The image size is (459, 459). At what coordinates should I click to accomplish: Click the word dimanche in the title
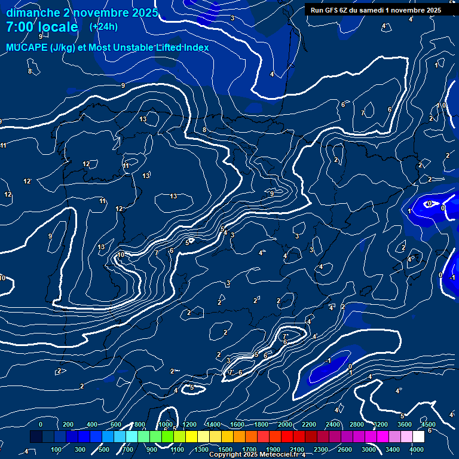tap(32, 13)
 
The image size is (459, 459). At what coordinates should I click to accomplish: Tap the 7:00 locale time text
tap(42, 27)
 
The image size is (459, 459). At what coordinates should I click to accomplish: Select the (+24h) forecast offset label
tap(103, 26)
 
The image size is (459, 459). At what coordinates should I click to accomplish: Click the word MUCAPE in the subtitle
tap(27, 47)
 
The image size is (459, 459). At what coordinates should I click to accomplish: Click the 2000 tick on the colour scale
tap(285, 424)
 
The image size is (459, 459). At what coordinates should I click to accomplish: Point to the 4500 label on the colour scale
tap(429, 424)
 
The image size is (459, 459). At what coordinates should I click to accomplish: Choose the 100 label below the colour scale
tap(57, 449)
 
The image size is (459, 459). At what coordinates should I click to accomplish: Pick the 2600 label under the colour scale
tap(345, 449)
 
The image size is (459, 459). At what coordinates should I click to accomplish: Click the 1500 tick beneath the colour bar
tap(225, 449)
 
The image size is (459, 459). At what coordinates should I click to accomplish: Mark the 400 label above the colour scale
tap(93, 424)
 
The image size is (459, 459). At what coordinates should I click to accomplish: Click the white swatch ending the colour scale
tap(435, 437)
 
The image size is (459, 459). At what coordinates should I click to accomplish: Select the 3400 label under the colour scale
tap(393, 449)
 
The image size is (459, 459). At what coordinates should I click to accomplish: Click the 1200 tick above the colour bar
tap(189, 424)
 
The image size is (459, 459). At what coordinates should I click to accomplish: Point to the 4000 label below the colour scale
tap(417, 449)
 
